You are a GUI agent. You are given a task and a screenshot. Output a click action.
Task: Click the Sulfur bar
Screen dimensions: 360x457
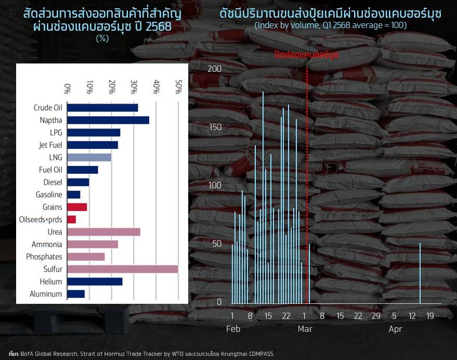[x=123, y=269]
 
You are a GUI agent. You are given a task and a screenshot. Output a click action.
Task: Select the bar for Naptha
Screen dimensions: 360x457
[x=108, y=120]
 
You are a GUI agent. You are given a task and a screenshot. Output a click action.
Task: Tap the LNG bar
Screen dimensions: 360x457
[x=89, y=157]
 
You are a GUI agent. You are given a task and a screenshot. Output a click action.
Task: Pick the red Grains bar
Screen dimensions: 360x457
[x=77, y=207]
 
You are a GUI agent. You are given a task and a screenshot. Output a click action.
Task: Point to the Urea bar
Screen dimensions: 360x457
[x=104, y=232]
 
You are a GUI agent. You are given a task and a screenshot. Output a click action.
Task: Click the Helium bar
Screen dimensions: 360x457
[x=95, y=281]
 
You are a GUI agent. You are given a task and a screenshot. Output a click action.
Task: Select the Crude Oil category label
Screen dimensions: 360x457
[x=48, y=108]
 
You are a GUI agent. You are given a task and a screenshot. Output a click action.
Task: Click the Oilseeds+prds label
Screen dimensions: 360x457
[x=41, y=220]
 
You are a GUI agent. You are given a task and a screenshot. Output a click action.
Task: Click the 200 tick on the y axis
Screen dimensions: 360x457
[x=214, y=69]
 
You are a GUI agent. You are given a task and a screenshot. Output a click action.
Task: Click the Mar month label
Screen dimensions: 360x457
[x=305, y=329]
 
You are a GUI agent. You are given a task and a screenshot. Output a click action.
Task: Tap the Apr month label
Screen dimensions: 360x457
[x=395, y=329]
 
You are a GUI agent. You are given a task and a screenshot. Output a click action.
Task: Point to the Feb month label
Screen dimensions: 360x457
[x=233, y=329]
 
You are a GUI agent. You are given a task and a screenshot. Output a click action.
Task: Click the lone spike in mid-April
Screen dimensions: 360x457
[x=420, y=273]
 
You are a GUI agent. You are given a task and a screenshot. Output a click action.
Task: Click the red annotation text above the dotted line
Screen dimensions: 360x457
[x=307, y=55]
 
